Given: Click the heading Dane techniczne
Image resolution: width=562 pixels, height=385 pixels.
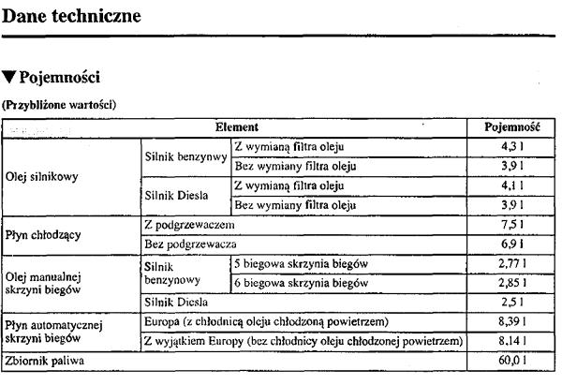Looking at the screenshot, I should tap(72, 16).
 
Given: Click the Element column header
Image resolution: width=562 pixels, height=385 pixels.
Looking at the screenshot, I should tap(236, 126).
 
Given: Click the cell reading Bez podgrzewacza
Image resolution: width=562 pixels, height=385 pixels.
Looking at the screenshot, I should tap(189, 244).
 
